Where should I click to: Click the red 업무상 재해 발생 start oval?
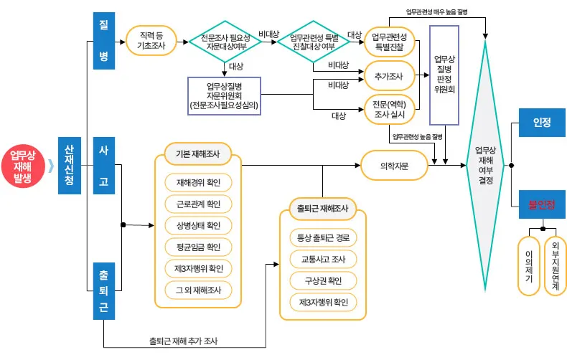click(23, 166)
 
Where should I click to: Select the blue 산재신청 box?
click(70, 165)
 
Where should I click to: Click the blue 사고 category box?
click(103, 165)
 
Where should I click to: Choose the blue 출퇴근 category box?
click(103, 290)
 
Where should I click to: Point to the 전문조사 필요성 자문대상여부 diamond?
click(224, 40)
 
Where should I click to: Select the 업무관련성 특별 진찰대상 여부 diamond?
click(313, 40)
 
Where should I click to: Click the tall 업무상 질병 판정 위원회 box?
click(444, 75)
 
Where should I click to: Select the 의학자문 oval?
click(394, 165)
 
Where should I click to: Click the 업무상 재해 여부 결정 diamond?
click(486, 165)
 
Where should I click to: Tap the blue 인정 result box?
click(542, 123)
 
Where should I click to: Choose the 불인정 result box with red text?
click(542, 204)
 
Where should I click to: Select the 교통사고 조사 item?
click(322, 258)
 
